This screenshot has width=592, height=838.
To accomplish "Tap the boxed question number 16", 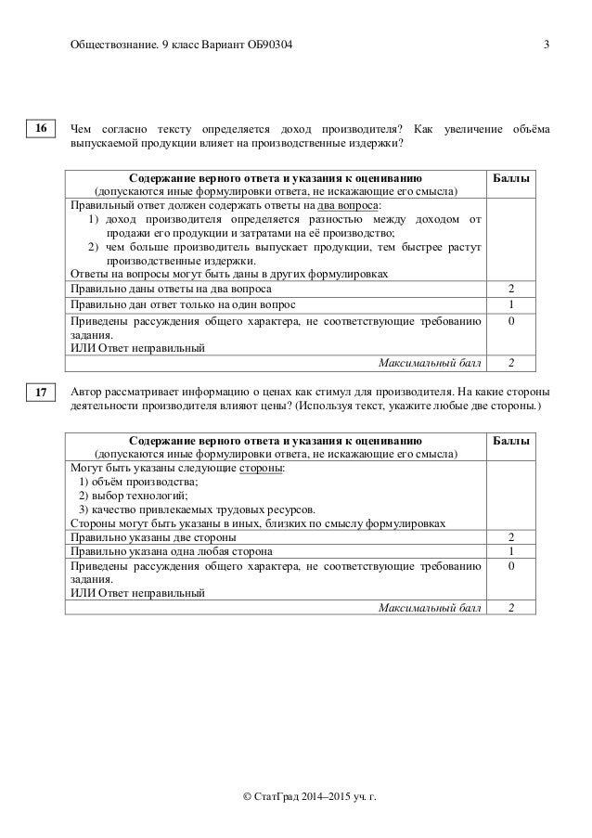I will tap(42, 130).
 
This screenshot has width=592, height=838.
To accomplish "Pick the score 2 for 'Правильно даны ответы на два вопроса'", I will tap(511, 289).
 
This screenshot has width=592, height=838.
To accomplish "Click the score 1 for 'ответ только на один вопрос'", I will tap(511, 304).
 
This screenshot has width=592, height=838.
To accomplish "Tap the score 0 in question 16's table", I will tap(511, 320).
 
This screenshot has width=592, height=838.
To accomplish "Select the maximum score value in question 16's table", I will tap(511, 362).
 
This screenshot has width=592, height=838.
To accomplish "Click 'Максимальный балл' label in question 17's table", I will tap(418, 608).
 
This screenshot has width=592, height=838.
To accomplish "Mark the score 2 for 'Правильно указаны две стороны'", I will tap(511, 537).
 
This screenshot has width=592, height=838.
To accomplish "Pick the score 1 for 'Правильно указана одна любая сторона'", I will tap(511, 552).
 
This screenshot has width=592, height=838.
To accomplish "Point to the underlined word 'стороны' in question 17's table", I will tap(263, 468).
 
